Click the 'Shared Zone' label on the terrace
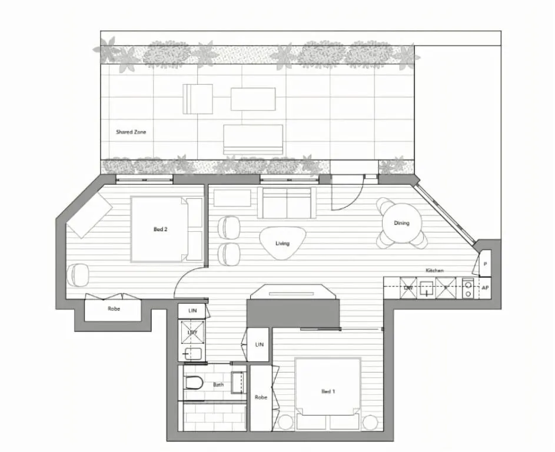(x=131, y=132)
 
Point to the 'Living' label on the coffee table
(x=283, y=243)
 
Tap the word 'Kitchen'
(x=434, y=270)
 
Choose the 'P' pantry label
(x=486, y=264)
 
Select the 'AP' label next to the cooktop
(x=486, y=288)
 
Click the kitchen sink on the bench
(x=427, y=288)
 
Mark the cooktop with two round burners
(x=467, y=288)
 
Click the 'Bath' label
(x=218, y=385)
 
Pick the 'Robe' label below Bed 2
(x=114, y=308)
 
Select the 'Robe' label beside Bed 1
(x=261, y=397)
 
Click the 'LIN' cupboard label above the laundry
(x=192, y=310)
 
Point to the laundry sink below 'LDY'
(x=192, y=353)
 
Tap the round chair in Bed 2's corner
(x=77, y=274)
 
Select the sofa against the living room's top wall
(x=286, y=202)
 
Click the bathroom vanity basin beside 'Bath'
(x=238, y=383)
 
